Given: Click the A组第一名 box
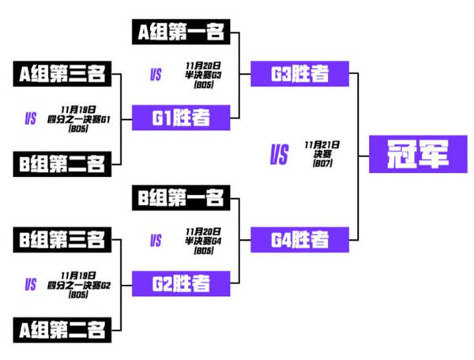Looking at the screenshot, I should click(180, 32).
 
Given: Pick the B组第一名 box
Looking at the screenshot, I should click(180, 197).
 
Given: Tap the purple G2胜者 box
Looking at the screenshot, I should click(180, 282).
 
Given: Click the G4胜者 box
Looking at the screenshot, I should click(300, 238).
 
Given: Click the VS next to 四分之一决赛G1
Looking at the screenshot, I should click(32, 119).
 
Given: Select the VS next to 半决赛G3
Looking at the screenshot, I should click(156, 75).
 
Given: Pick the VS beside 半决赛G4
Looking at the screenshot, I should click(156, 240).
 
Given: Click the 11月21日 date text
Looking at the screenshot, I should click(322, 145).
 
